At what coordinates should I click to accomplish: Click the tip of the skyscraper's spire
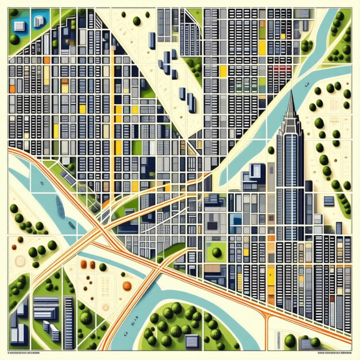tap(290, 92)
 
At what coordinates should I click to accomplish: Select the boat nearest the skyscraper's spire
tap(307, 84)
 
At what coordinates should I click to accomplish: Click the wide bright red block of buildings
tap(281, 68)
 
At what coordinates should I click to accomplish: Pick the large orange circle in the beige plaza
tap(127, 285)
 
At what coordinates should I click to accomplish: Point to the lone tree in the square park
tap(217, 252)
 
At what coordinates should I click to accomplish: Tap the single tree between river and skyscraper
tap(271, 151)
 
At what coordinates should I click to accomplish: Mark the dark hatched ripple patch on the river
tap(71, 224)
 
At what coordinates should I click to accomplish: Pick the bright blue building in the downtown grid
tap(235, 219)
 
